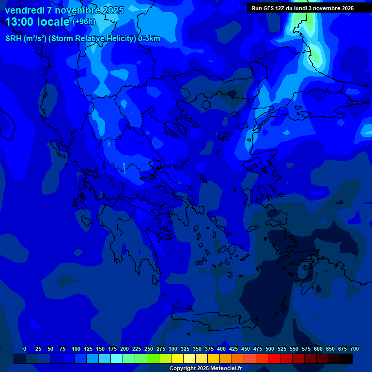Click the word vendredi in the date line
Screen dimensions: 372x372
24,10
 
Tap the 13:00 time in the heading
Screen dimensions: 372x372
21,22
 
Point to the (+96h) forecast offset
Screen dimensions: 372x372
84,21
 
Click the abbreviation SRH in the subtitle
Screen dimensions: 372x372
13,39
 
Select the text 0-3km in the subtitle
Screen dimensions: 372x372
149,39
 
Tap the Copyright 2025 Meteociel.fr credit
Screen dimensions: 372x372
205,369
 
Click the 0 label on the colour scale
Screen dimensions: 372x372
25,349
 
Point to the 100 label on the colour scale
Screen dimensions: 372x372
76,349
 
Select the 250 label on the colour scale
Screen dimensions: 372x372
149,349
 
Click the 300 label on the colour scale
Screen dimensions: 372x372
173,349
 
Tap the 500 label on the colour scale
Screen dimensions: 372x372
270,349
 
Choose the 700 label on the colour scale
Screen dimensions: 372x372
354,349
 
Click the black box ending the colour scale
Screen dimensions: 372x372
347,358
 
